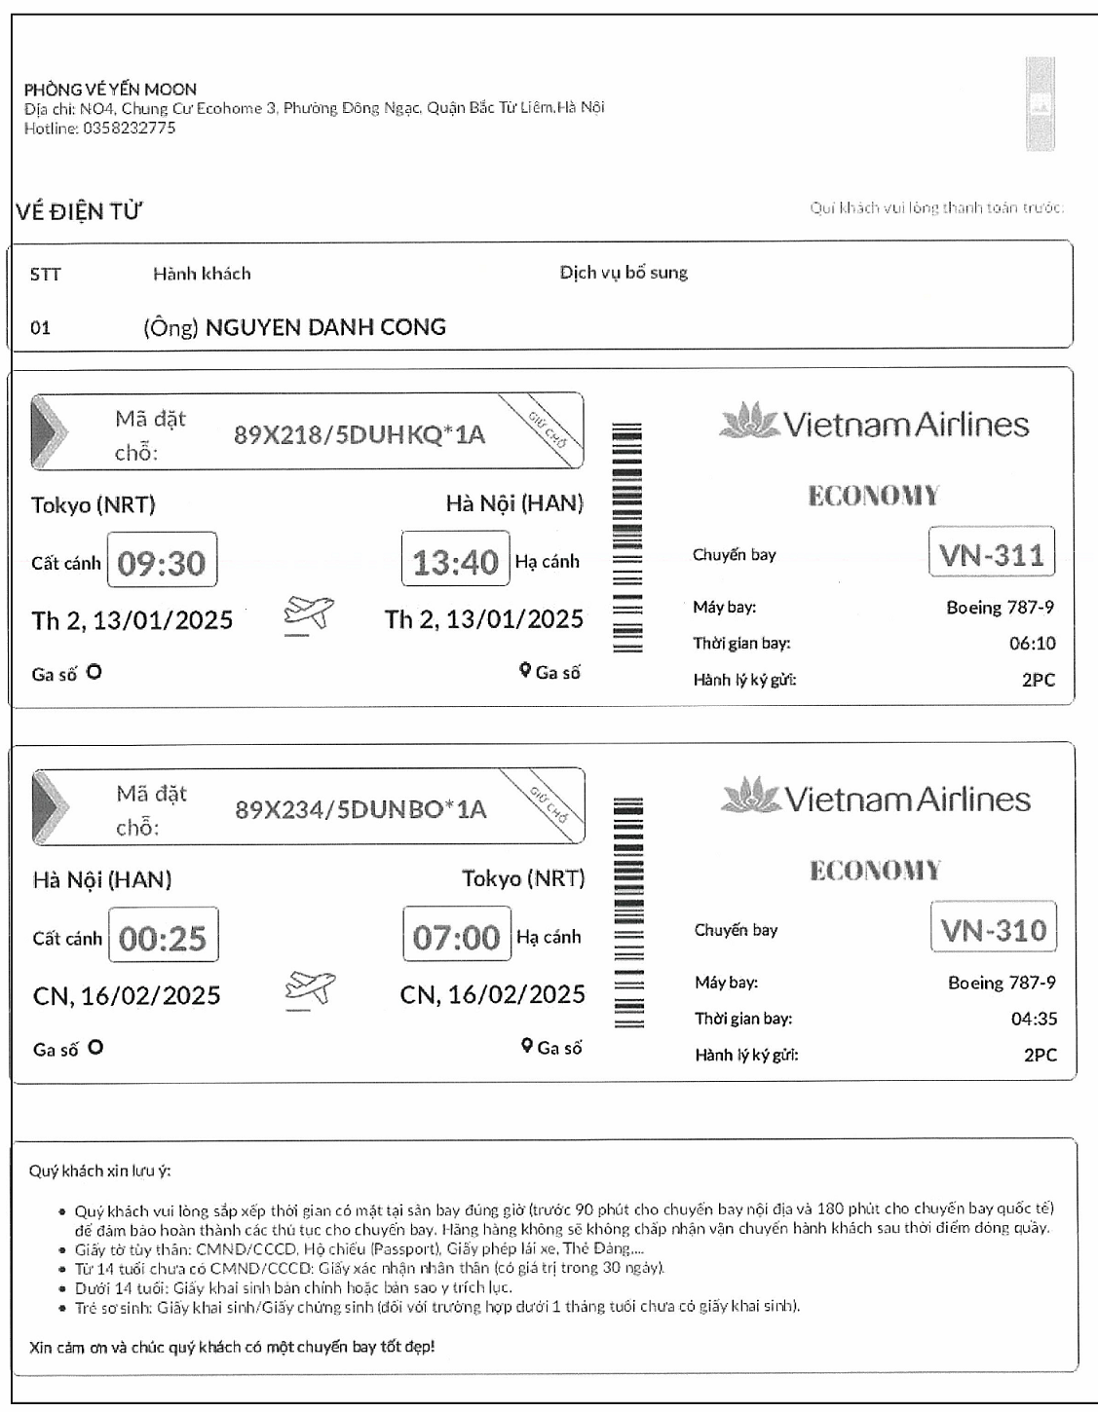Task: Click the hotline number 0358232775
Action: coord(129,128)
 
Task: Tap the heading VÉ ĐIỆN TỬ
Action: coord(79,211)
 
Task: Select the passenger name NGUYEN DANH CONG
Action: coord(325,327)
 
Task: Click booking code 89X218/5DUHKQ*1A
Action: coord(359,434)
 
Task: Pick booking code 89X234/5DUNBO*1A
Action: coord(360,809)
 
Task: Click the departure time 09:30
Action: coord(162,563)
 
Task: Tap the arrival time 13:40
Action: coord(455,562)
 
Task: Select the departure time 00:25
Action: coord(163,938)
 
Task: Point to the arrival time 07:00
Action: coord(456,937)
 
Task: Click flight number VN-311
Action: coord(991,555)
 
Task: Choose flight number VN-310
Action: coord(994,930)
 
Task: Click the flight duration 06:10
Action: coord(1032,643)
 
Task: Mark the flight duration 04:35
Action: coord(1034,1019)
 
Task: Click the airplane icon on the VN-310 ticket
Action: coord(310,989)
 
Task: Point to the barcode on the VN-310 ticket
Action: coord(628,912)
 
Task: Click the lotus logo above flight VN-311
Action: coord(748,421)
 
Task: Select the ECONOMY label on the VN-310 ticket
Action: coord(875,870)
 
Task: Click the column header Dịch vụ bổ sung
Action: coord(624,273)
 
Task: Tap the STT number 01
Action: coord(40,328)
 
